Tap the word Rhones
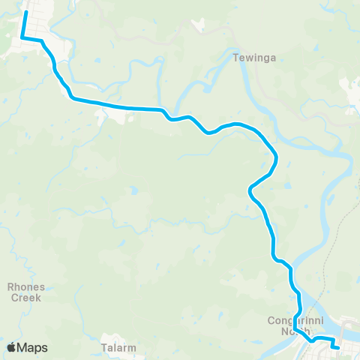click(x=26, y=286)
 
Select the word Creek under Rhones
click(x=26, y=296)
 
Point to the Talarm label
click(x=117, y=347)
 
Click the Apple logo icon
click(x=11, y=347)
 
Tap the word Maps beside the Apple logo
click(x=32, y=347)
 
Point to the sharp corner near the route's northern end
click(x=22, y=37)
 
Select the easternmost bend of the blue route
click(x=277, y=157)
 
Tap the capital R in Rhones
click(x=10, y=286)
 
